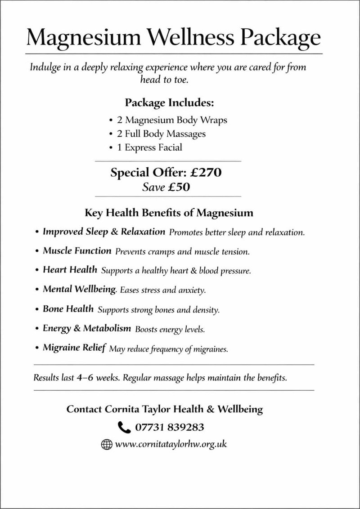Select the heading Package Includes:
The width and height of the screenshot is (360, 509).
click(x=169, y=103)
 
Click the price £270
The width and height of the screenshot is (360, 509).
click(x=204, y=173)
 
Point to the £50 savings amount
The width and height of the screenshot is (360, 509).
click(x=179, y=187)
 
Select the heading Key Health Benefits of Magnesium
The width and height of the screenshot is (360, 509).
click(x=169, y=212)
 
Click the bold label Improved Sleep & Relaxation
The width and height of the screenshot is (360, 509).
click(x=104, y=232)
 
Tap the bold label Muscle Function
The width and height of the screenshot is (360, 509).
click(x=77, y=251)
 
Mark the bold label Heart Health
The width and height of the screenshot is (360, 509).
click(x=70, y=270)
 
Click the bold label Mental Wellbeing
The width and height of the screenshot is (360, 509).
click(x=79, y=290)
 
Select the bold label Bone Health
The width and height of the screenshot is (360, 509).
click(x=68, y=309)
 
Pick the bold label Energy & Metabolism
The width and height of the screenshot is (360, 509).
click(x=87, y=328)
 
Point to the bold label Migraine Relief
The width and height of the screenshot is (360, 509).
click(x=74, y=348)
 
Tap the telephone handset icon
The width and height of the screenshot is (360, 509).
click(x=123, y=427)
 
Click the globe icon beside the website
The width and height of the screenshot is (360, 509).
click(x=107, y=444)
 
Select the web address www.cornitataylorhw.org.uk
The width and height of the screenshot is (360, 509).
click(x=171, y=444)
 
